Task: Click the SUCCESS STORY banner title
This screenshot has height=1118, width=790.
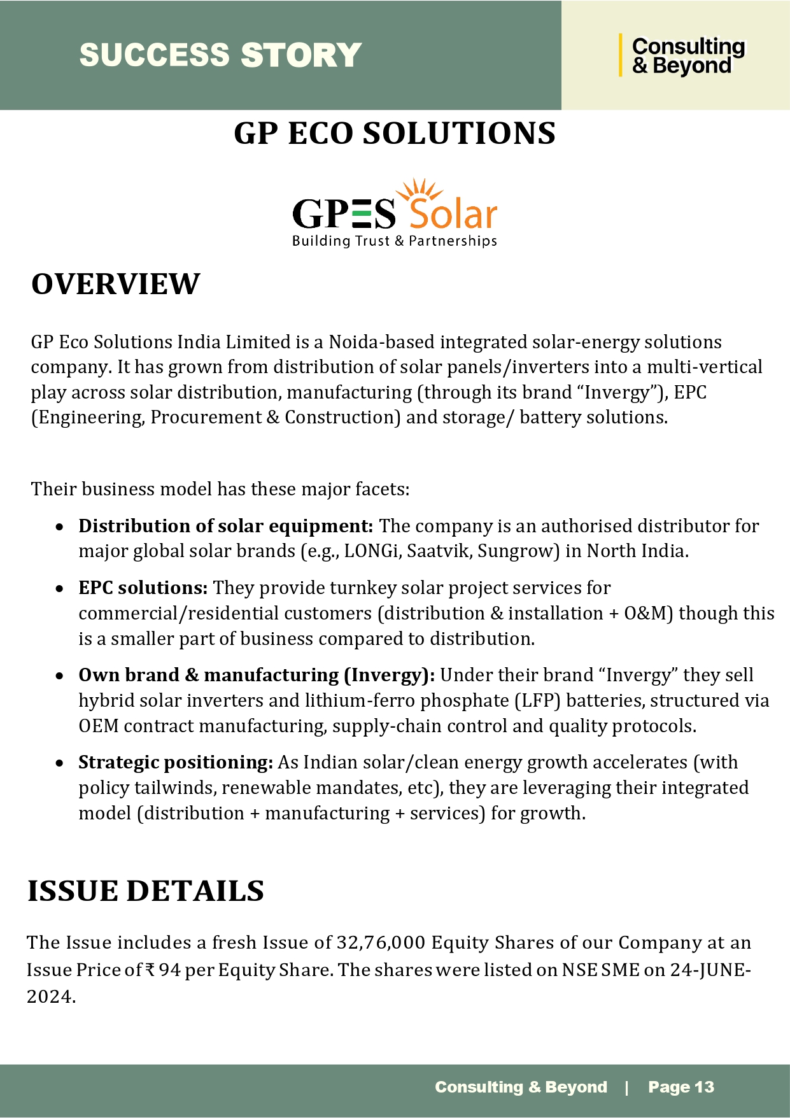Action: (220, 55)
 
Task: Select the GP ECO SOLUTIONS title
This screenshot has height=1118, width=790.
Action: (395, 134)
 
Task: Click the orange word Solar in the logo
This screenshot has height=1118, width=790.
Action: (453, 215)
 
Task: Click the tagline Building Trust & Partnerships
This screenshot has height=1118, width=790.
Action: (394, 241)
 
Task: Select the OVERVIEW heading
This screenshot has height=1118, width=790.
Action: (116, 284)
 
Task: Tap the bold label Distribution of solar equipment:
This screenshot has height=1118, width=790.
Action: (225, 526)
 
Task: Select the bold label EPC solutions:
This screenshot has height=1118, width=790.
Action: (143, 588)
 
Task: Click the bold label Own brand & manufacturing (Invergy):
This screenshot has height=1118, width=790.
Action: (257, 675)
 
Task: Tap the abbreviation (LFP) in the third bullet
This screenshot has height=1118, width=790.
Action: (537, 700)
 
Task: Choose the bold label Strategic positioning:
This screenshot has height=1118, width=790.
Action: (176, 762)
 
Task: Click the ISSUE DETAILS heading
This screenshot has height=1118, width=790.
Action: (146, 891)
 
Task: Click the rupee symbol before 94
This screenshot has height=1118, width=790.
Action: (150, 970)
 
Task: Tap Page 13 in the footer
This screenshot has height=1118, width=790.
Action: (681, 1087)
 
